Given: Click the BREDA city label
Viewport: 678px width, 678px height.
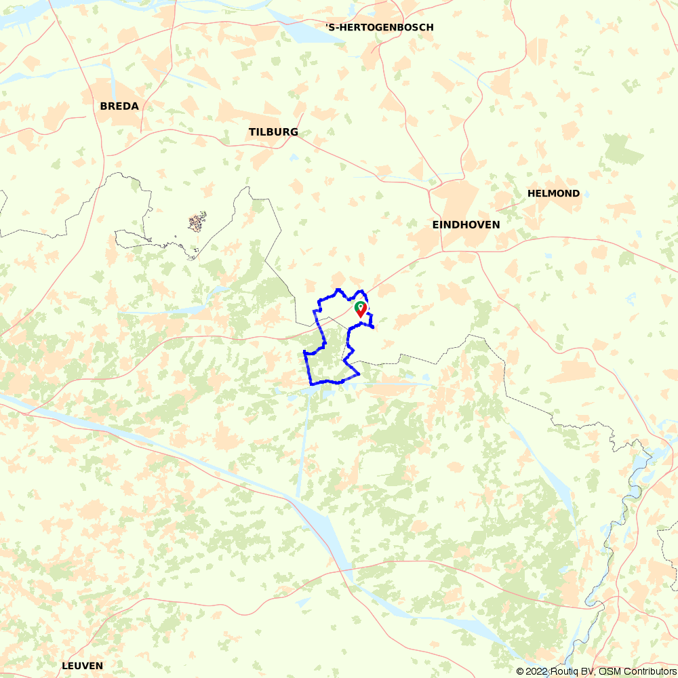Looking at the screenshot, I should pyautogui.click(x=119, y=106).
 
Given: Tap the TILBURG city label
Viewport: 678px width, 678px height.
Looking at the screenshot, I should pyautogui.click(x=273, y=132).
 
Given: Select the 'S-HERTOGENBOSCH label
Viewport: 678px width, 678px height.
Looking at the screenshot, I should pyautogui.click(x=379, y=27).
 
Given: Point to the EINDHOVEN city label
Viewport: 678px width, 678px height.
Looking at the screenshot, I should pyautogui.click(x=466, y=224).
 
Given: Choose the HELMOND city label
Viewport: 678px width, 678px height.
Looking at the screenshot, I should pyautogui.click(x=553, y=193).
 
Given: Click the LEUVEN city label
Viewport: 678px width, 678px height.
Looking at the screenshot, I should pyautogui.click(x=82, y=666).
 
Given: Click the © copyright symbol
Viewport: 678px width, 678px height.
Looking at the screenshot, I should pyautogui.click(x=520, y=671).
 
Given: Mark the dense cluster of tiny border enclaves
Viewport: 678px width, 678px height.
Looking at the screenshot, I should pyautogui.click(x=197, y=222).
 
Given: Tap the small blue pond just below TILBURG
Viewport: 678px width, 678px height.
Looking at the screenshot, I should pyautogui.click(x=293, y=157).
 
